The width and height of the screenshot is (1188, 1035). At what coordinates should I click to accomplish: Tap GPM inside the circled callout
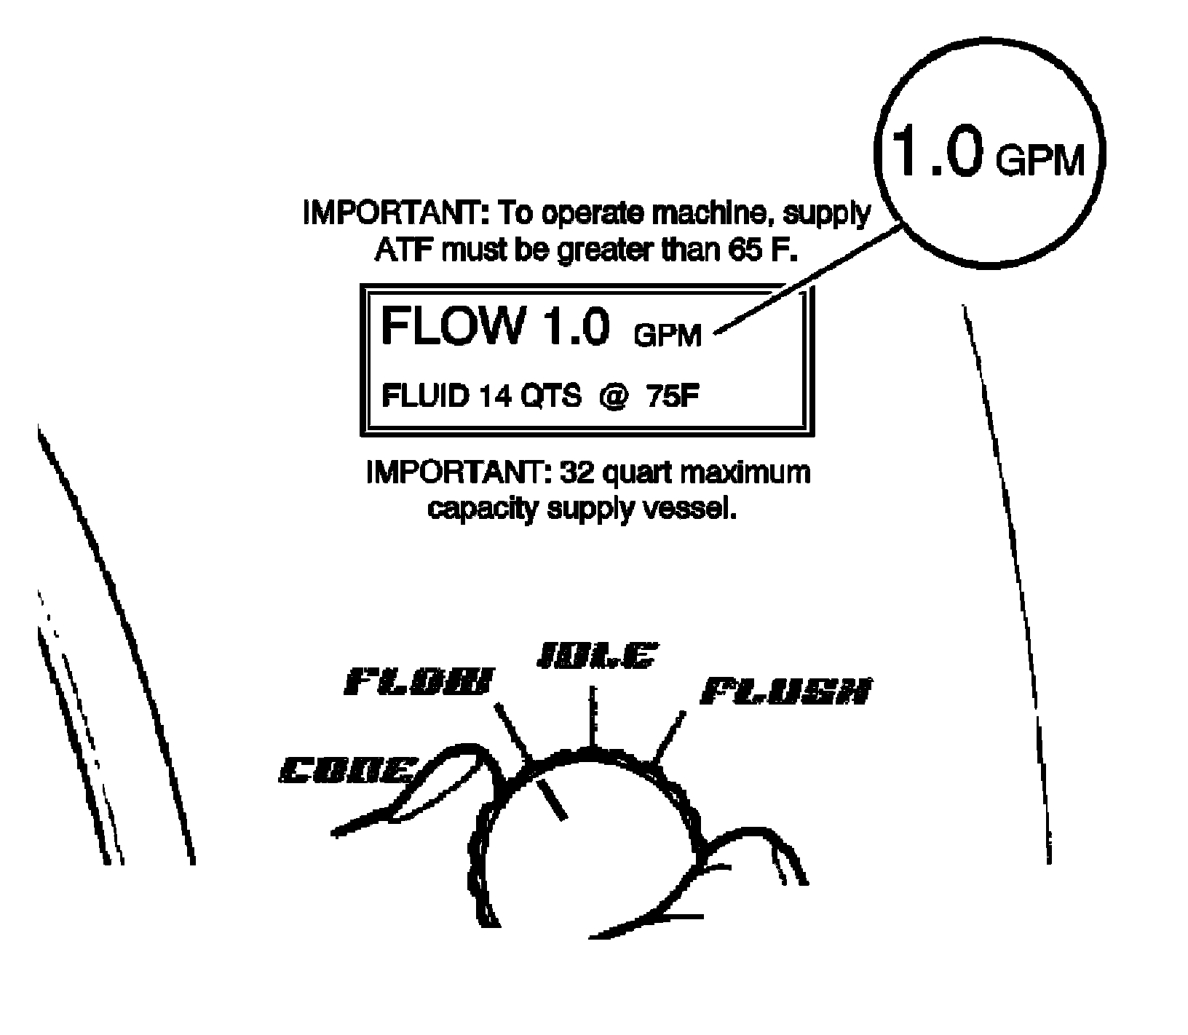click(x=1040, y=162)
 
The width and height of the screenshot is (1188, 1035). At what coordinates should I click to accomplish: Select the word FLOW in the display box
click(x=452, y=326)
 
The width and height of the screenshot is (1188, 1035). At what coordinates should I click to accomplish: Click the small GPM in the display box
click(x=668, y=336)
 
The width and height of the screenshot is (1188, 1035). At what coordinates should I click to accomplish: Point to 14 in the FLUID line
click(x=494, y=397)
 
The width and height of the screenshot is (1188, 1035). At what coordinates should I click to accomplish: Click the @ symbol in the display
click(x=614, y=397)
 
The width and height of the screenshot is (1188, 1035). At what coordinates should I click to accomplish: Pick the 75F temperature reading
click(x=674, y=397)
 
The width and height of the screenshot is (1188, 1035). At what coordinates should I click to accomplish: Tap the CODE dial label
click(x=347, y=770)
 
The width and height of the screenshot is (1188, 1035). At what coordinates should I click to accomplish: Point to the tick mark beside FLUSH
click(x=670, y=735)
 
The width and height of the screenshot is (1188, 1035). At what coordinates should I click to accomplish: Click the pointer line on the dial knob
click(x=551, y=797)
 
